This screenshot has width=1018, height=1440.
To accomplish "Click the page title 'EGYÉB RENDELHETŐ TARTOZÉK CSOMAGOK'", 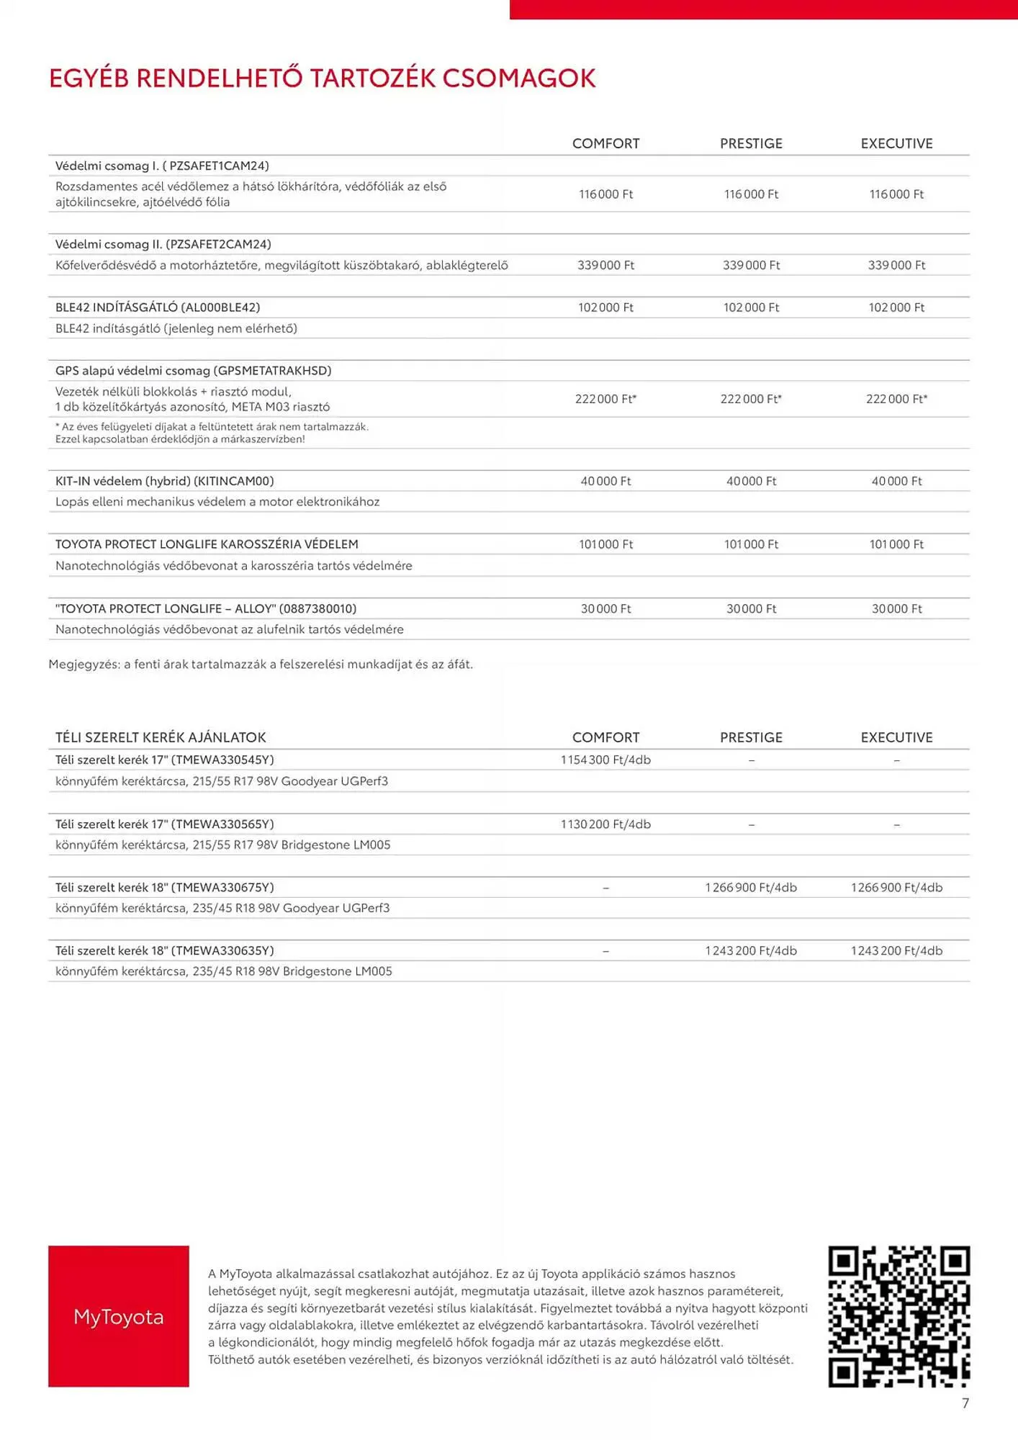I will pyautogui.click(x=322, y=78).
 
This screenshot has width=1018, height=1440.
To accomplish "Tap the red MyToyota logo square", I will pyautogui.click(x=119, y=1316).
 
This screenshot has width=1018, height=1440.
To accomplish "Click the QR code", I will pyautogui.click(x=898, y=1316).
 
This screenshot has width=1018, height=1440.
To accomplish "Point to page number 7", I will pyautogui.click(x=965, y=1403).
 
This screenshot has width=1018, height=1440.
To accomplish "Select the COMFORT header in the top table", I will pyautogui.click(x=605, y=143).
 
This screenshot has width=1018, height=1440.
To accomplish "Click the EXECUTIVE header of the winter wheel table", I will pyautogui.click(x=896, y=737).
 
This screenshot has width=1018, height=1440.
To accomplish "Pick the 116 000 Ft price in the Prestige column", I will pyautogui.click(x=751, y=194).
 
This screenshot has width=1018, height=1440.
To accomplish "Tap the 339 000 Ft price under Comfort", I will pyautogui.click(x=605, y=265).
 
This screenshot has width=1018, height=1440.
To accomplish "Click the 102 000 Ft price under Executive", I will pyautogui.click(x=896, y=307).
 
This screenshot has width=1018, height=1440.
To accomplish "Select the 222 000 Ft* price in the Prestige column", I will pyautogui.click(x=751, y=399).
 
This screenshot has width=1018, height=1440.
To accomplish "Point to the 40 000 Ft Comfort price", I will pyautogui.click(x=605, y=481).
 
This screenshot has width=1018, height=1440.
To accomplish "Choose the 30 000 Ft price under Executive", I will pyautogui.click(x=896, y=609).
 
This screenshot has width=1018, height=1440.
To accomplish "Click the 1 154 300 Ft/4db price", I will pyautogui.click(x=605, y=760).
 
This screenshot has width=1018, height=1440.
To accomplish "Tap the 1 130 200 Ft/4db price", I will pyautogui.click(x=605, y=824).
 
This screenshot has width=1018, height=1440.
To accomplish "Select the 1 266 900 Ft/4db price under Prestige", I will pyautogui.click(x=751, y=888).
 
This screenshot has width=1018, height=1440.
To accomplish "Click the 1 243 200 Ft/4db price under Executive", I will pyautogui.click(x=896, y=951).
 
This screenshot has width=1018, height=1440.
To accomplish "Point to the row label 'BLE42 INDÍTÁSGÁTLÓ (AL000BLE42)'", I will pyautogui.click(x=158, y=307).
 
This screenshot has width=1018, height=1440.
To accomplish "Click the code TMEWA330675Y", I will pyautogui.click(x=222, y=888).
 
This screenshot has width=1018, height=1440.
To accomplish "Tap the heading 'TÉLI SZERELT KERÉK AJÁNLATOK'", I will pyautogui.click(x=161, y=737).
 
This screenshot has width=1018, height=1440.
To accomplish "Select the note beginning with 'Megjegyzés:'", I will pyautogui.click(x=261, y=665).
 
